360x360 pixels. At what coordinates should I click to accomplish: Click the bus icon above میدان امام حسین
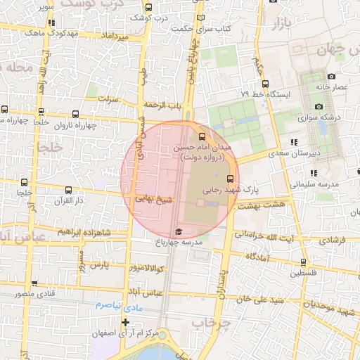pos(202,136)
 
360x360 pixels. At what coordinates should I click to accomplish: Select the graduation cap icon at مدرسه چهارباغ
pos(179,231)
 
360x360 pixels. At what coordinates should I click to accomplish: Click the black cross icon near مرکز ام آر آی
pos(125,322)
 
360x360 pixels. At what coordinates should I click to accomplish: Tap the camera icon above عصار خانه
pos(331,76)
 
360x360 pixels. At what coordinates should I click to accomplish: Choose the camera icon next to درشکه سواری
pos(319,106)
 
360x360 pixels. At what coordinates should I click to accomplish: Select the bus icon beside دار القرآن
pos(68,190)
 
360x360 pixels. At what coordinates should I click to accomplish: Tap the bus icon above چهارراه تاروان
pos(75,112)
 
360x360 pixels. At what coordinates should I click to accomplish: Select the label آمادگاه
pos(259,259)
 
